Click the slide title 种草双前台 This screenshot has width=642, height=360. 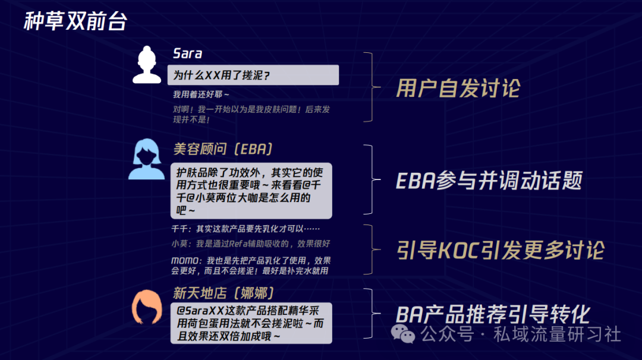75,21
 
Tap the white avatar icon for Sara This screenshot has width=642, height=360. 147,65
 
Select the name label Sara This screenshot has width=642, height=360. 187,53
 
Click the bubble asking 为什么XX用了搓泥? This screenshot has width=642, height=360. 253,75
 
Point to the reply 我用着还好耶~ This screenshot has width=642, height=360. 201,94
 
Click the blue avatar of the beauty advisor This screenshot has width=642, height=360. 146,159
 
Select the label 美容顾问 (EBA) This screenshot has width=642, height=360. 223,149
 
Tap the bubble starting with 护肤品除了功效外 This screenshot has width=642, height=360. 251,191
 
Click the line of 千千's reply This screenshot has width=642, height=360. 246,229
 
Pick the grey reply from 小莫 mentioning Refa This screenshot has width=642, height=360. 251,244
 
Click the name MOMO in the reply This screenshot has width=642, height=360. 186,261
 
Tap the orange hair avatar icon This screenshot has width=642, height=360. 147,307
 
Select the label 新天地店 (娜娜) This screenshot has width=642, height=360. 224,293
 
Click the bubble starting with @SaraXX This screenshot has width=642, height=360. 251,323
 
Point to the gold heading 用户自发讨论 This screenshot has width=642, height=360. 458,89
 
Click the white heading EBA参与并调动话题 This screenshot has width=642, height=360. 489,181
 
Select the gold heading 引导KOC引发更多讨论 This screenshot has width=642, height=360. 501,250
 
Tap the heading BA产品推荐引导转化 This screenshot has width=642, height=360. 493,315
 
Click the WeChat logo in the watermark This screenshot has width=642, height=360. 403,334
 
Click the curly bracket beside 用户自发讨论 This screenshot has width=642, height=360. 372,87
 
